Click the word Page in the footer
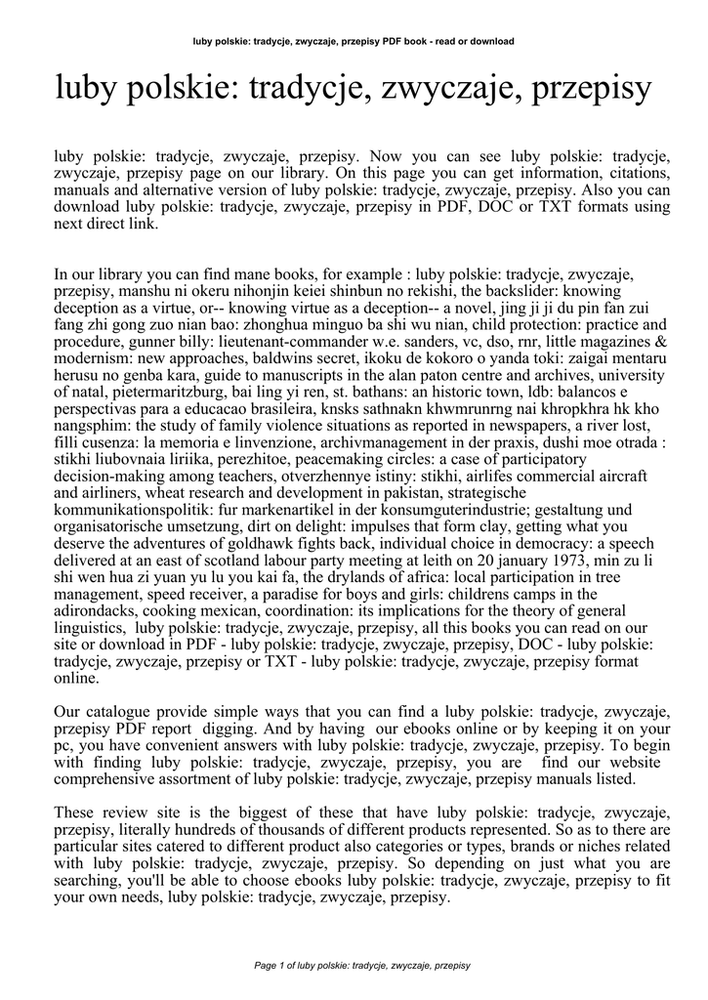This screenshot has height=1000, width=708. click(265, 966)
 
